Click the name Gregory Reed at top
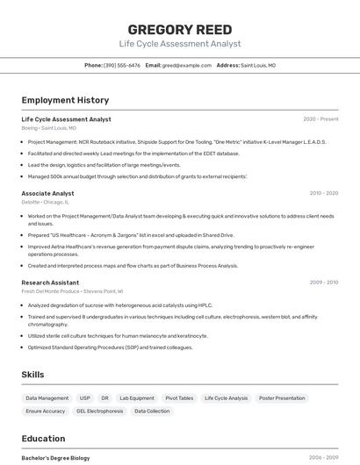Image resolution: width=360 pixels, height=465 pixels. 179,29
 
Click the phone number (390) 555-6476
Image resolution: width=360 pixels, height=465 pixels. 121,65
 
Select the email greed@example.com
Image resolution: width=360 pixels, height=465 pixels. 187,65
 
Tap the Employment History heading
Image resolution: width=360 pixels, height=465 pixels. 65,100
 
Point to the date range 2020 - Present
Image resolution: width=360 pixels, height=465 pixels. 320,118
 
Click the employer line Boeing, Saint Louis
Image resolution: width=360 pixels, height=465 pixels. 48,128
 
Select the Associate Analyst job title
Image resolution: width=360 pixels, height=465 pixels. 47,193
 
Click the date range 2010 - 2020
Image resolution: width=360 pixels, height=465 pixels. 323,193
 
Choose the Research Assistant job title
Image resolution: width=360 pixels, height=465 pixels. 50,283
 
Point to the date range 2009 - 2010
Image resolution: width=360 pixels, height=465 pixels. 323,283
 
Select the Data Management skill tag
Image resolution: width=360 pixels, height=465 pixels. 47,398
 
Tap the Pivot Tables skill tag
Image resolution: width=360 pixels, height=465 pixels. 179,398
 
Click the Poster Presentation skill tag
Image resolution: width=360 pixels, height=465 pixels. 282,398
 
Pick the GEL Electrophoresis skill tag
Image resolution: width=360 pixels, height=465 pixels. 99,411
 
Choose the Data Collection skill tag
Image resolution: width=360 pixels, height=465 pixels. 152,411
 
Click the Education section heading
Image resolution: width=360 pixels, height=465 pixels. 43,439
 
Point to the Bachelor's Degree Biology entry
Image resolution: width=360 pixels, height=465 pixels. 55,457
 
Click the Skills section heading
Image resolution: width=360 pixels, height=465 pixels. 32,375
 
